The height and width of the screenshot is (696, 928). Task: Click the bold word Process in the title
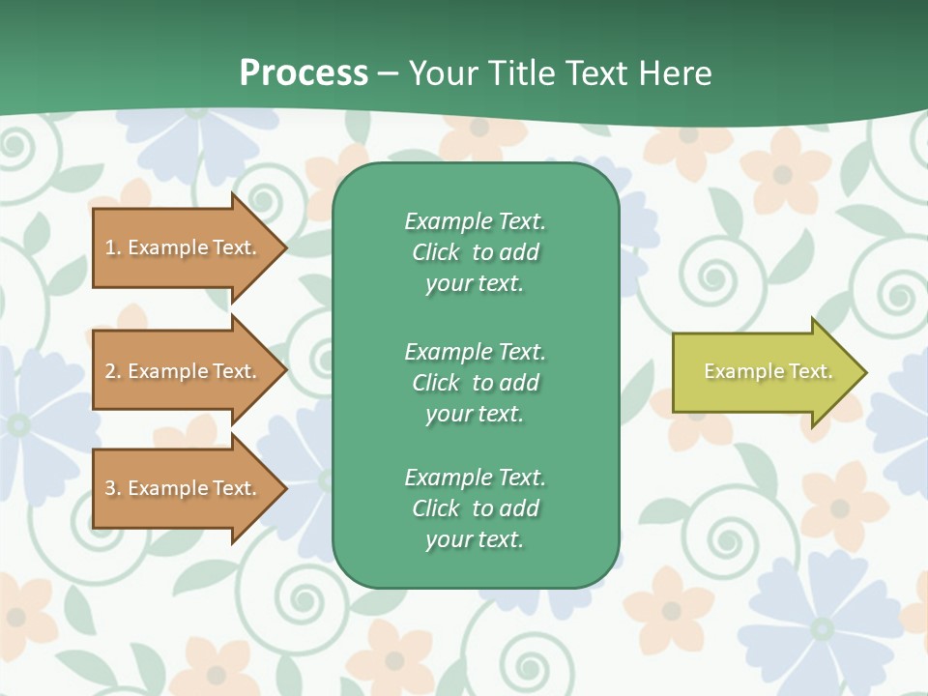coord(304,73)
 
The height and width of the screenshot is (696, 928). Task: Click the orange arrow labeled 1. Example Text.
coord(184,247)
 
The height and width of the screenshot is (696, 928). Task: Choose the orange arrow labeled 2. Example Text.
coord(184,371)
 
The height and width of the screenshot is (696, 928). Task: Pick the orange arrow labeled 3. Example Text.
coord(184,488)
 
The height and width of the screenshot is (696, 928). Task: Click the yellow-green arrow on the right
coord(764,372)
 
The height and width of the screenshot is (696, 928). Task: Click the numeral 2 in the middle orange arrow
coord(110,371)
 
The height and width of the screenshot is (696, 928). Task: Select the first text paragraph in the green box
coord(475,252)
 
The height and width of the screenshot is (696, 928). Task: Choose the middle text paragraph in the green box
coord(475,383)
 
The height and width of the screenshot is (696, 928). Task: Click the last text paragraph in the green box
coord(475,508)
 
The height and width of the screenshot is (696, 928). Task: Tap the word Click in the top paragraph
coord(435,252)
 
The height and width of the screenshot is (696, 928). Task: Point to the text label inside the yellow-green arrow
coord(768,371)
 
